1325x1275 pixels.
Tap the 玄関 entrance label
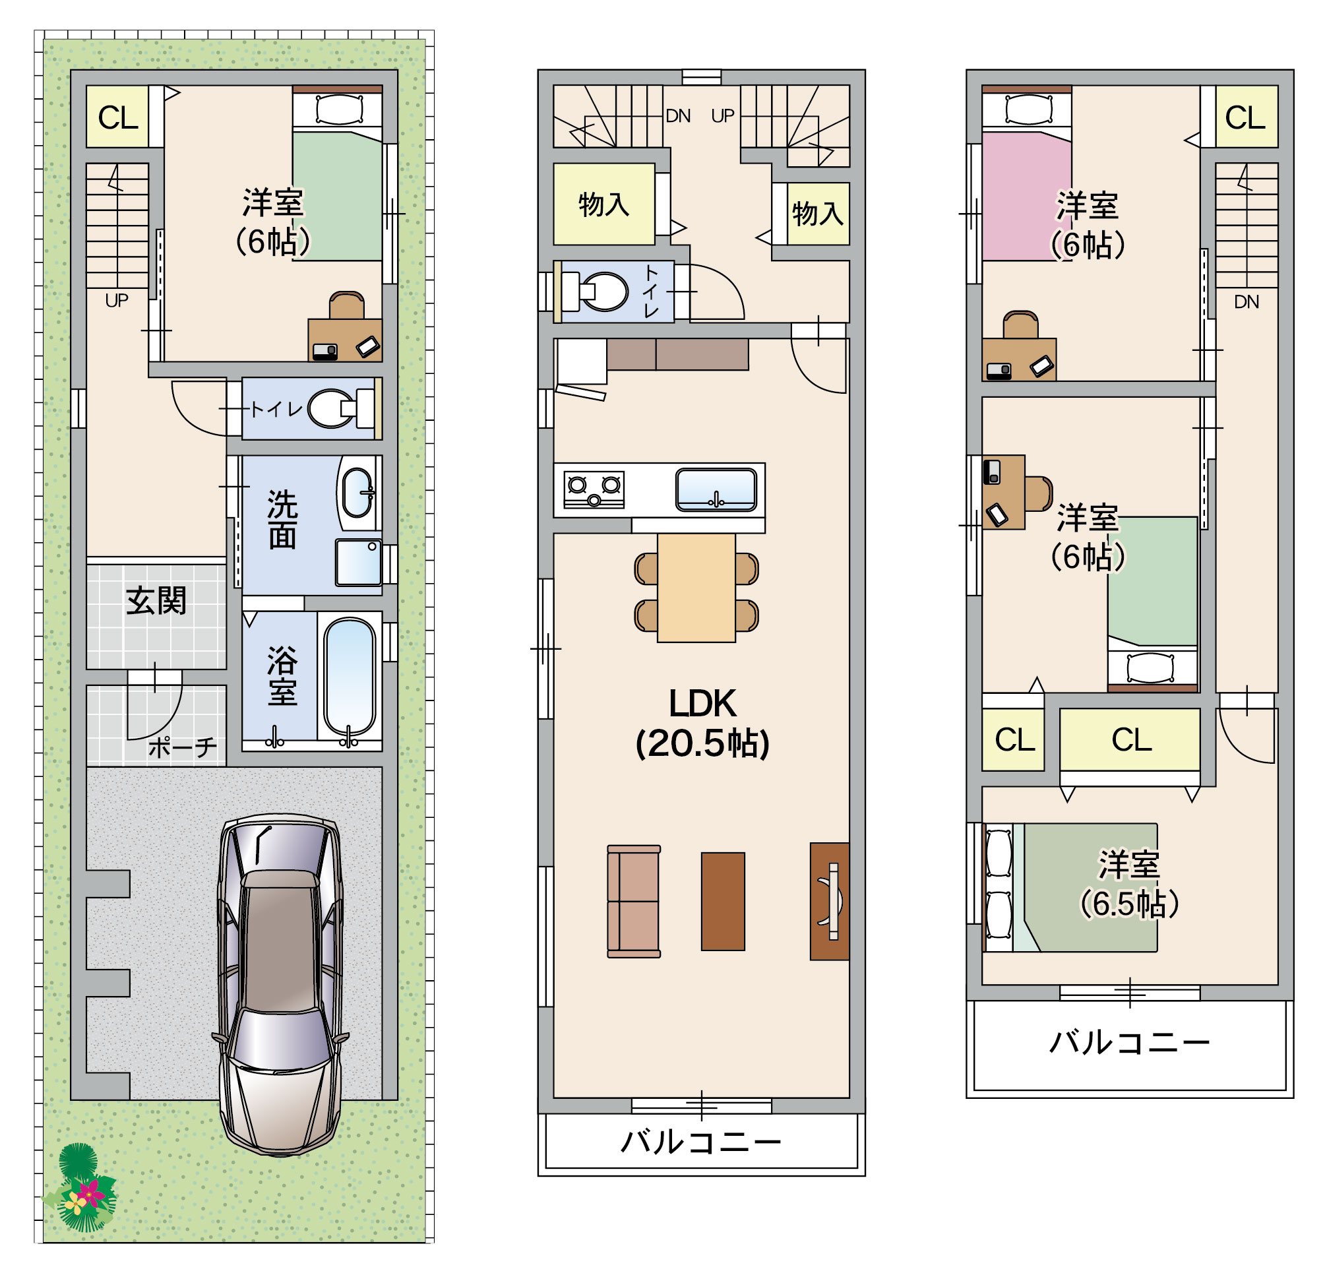point(156,601)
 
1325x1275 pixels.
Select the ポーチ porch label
point(183,748)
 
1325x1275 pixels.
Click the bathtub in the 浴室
point(350,679)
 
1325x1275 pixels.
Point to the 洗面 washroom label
point(282,519)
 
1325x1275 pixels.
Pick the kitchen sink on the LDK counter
point(716,489)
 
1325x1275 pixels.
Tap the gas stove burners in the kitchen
point(594,488)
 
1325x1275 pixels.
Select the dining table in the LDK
point(696,588)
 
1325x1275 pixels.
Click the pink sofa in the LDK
point(633,901)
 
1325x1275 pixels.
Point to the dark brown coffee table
point(723,901)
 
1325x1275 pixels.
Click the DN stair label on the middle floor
point(678,116)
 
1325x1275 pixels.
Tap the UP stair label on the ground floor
point(117,300)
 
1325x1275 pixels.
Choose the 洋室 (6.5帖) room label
point(1128,885)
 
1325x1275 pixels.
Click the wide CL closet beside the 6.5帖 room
point(1130,739)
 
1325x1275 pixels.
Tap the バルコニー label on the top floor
point(1129,1042)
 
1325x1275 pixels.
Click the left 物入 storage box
point(603,204)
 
